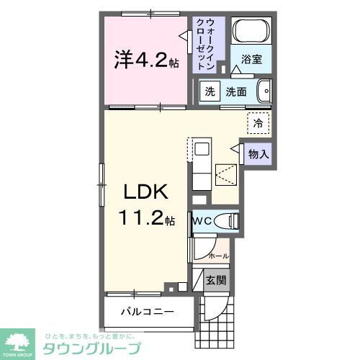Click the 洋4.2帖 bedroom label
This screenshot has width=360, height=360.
click(144, 60)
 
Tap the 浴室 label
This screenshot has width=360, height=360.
click(251, 60)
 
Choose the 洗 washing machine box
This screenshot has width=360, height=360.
click(209, 91)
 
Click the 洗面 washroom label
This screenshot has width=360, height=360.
click(236, 91)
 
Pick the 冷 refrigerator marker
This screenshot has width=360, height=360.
click(258, 123)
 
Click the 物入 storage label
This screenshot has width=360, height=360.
click(258, 153)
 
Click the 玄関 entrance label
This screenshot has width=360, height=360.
click(215, 281)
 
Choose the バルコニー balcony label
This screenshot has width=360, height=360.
click(148, 312)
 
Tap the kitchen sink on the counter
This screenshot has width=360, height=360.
click(201, 150)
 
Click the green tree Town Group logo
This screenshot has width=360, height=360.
click(19, 341)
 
